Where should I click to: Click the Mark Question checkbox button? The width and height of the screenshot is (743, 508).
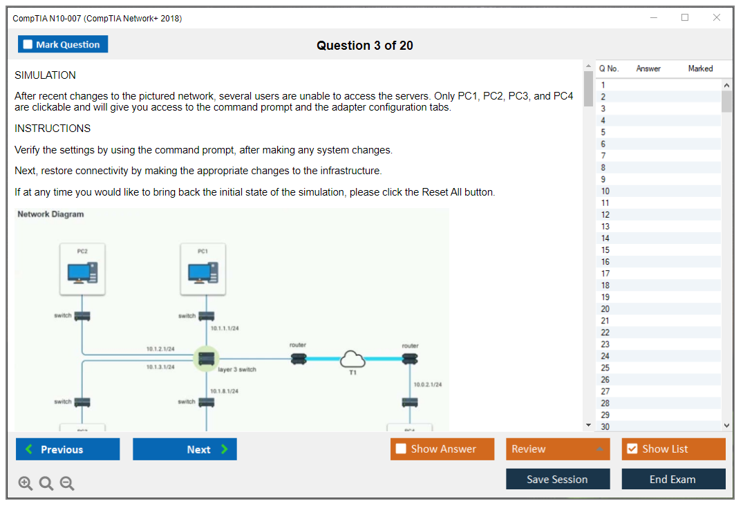click(x=63, y=44)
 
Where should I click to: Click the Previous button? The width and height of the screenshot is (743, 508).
click(x=68, y=449)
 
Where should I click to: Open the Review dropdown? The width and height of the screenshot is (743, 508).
click(x=558, y=449)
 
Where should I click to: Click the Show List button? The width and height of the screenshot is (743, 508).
click(x=673, y=449)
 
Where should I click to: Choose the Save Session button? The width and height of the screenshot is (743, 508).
click(x=558, y=479)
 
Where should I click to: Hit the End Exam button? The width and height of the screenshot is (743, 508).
click(x=673, y=479)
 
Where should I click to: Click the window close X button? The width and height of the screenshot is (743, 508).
click(x=717, y=18)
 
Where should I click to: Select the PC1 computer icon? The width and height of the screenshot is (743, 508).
click(x=203, y=272)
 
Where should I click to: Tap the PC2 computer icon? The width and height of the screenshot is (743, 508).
click(x=82, y=272)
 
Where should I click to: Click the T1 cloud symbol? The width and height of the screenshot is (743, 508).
click(x=353, y=359)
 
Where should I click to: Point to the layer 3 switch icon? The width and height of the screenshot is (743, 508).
click(x=205, y=359)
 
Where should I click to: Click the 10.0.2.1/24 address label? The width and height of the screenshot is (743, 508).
click(x=428, y=384)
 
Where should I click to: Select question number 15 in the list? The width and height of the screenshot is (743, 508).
click(x=605, y=250)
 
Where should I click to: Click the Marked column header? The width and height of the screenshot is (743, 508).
click(x=700, y=68)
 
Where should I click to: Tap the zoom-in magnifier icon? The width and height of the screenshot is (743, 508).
click(x=26, y=483)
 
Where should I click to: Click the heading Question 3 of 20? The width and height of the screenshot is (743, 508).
click(x=365, y=46)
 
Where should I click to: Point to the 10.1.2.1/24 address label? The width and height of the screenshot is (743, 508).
click(x=160, y=349)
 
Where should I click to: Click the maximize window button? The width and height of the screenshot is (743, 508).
click(x=685, y=18)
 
